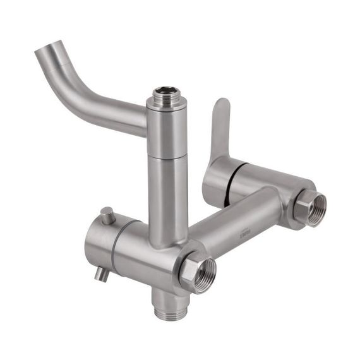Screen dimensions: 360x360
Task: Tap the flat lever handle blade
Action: [219, 126]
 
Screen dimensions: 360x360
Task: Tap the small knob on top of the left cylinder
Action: [107, 214]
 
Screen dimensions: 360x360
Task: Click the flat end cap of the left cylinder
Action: [93, 246]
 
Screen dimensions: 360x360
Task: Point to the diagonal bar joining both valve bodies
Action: [234, 227]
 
